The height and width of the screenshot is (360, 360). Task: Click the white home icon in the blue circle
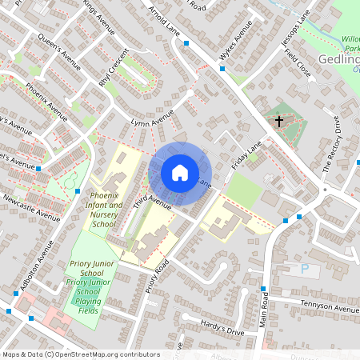[180, 172]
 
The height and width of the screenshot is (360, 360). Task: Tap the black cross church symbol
[279, 122]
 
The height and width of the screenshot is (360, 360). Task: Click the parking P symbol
[304, 270]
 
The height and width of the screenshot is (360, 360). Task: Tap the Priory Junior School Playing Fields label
[94, 291]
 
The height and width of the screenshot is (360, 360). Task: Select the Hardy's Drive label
[201, 323]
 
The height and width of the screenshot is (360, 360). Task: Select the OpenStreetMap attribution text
[70, 354]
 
